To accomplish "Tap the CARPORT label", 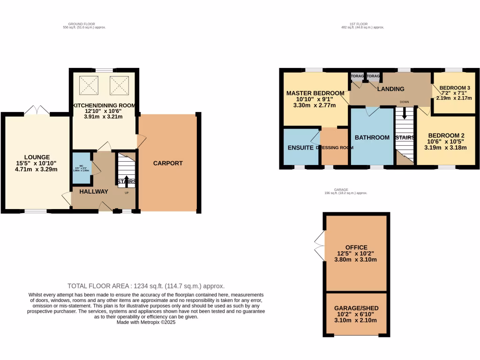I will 168,163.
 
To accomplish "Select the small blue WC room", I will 82,168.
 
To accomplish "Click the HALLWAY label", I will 93,191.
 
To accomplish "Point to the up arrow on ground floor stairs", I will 126,180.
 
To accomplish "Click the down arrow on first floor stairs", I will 404,115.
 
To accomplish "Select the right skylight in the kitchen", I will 118,85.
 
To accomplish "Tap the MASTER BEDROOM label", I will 315,93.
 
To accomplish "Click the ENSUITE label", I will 300,148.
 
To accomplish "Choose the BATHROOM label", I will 372,137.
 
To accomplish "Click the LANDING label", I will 390,89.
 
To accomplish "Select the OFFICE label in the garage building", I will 356,247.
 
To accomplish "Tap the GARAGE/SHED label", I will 356,308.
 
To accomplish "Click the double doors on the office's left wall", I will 319,246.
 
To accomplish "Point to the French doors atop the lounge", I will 37,110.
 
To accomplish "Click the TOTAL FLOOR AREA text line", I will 146,286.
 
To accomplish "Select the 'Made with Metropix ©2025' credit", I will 146,322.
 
